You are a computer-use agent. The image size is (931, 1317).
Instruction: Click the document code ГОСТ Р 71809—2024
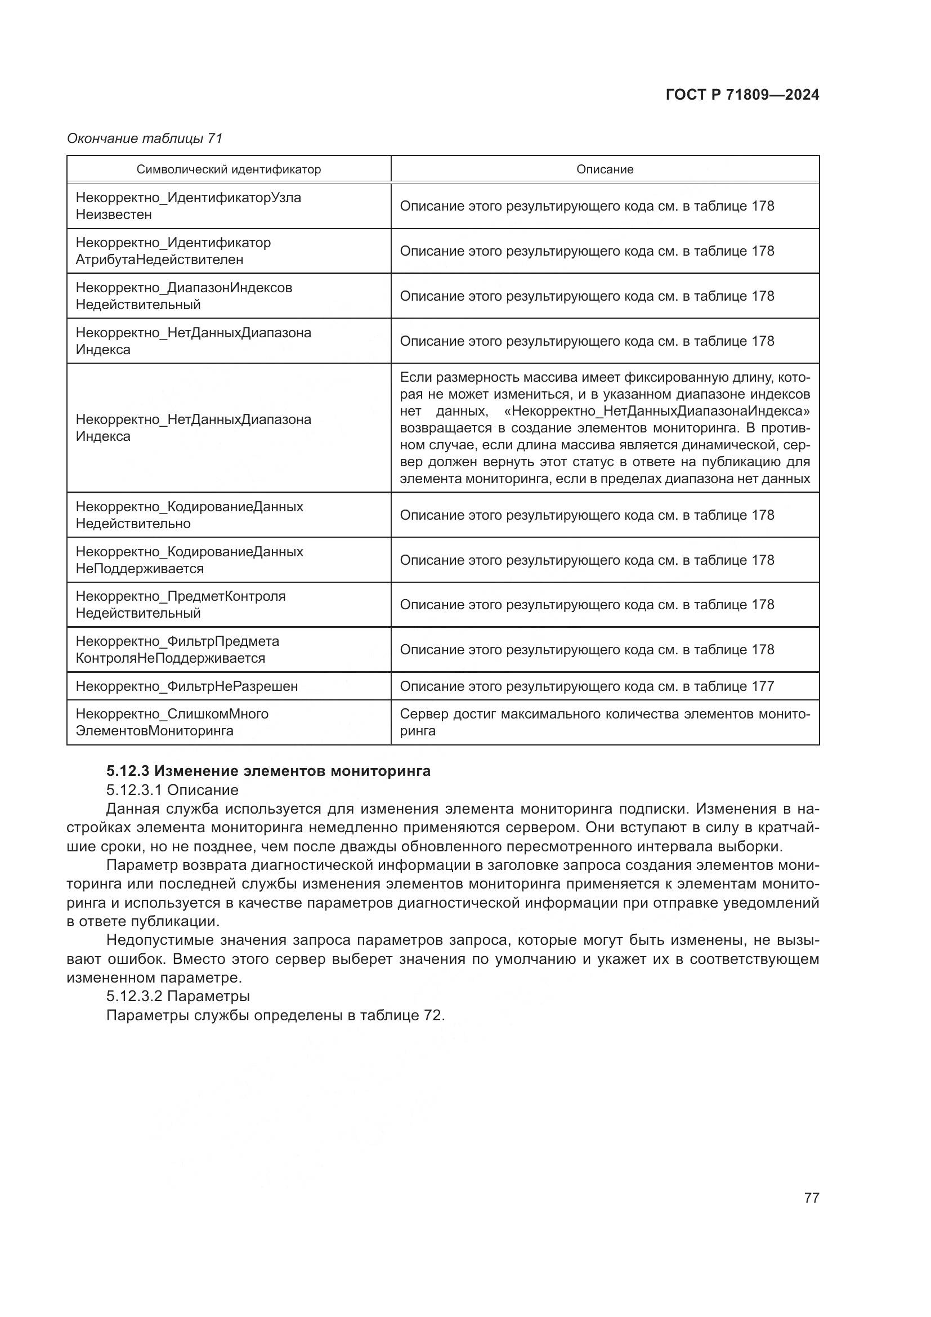click(742, 95)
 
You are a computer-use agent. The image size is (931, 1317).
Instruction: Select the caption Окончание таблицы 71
click(145, 139)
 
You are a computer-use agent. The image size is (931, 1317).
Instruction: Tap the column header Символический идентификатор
click(228, 169)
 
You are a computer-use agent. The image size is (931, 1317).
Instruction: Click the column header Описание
click(604, 169)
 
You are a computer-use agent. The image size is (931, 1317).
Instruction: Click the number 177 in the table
click(763, 686)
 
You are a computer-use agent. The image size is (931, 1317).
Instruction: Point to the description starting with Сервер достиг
click(604, 722)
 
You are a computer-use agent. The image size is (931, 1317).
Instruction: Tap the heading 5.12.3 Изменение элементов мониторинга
click(268, 771)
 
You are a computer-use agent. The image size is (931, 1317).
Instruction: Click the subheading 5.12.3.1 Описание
click(172, 791)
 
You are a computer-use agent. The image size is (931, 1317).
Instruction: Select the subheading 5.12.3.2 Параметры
click(178, 996)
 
